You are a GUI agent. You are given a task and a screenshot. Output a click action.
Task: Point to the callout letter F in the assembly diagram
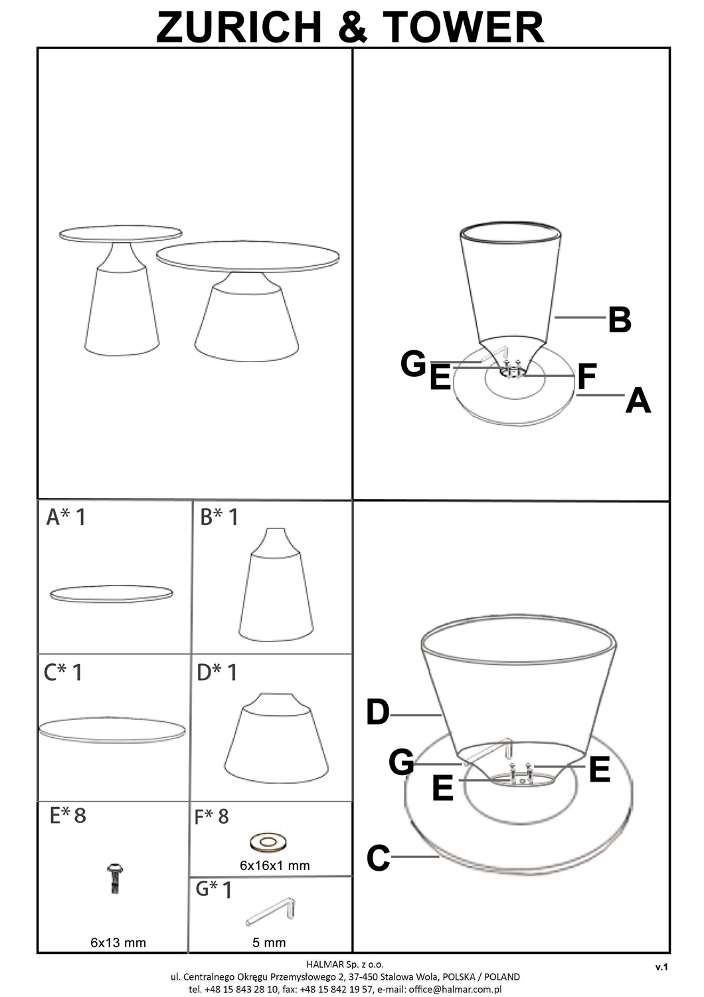[x=587, y=376]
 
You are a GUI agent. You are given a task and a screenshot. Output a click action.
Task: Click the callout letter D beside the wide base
[x=378, y=712]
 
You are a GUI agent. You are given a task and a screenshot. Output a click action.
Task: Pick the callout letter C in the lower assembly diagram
[x=378, y=857]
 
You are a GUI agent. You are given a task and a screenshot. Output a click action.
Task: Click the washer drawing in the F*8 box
[x=268, y=841]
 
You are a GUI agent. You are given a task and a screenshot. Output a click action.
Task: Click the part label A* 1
[x=65, y=517]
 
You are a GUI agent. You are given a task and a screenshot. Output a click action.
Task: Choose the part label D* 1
[x=217, y=672]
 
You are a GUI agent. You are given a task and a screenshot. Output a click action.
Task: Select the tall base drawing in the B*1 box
[x=276, y=584]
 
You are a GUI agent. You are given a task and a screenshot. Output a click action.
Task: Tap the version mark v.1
[x=661, y=966]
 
